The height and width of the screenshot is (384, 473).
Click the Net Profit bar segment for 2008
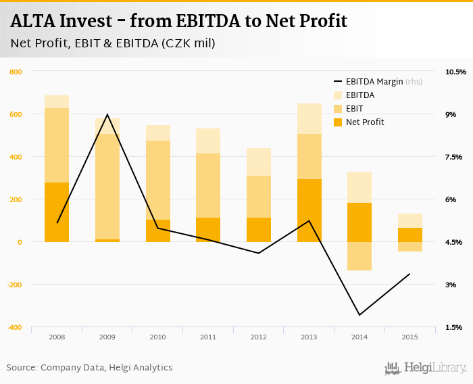57,212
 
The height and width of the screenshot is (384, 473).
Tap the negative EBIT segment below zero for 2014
359,256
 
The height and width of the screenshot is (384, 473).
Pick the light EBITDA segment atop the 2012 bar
259,162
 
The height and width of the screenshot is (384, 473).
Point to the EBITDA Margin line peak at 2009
107,114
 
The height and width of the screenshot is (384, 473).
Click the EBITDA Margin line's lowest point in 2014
359,315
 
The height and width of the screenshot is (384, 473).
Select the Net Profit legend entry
364,122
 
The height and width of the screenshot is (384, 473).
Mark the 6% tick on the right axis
451,199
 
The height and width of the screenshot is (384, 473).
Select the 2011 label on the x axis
208,337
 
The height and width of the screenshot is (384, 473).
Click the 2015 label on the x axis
409,337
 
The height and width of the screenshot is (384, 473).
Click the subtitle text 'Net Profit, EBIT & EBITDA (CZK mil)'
113,44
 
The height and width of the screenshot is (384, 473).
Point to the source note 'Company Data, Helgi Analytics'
106,368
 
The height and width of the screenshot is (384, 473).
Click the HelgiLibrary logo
426,368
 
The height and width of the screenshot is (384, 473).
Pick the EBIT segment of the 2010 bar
158,180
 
